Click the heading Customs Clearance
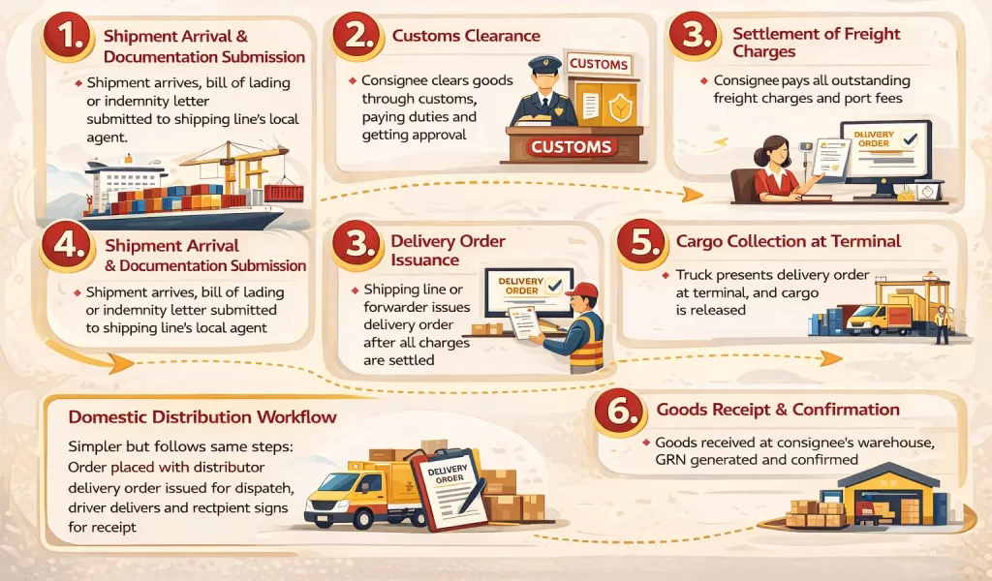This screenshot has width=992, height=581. click(466, 36)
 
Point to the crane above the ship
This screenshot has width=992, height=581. click(232, 160)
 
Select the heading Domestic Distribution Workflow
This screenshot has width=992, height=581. click(202, 417)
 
